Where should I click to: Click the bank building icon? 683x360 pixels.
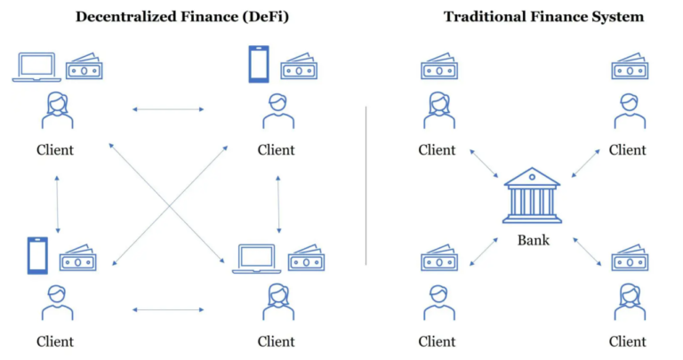pyautogui.click(x=532, y=196)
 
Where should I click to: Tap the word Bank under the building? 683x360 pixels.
pyautogui.click(x=534, y=240)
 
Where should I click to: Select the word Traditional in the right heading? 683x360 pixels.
pyautogui.click(x=482, y=17)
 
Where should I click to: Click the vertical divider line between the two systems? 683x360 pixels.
pyautogui.click(x=366, y=186)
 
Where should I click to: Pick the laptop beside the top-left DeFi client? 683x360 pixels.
pyautogui.click(x=36, y=67)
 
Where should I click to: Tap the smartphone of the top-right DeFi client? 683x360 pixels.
pyautogui.click(x=259, y=64)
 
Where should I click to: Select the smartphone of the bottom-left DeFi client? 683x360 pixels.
pyautogui.click(x=37, y=255)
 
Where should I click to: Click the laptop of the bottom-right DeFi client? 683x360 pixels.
pyautogui.click(x=256, y=259)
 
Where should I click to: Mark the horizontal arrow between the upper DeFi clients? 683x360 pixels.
pyautogui.click(x=168, y=109)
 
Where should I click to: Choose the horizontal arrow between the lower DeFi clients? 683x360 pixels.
pyautogui.click(x=168, y=309)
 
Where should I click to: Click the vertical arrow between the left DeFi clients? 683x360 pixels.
pyautogui.click(x=57, y=204)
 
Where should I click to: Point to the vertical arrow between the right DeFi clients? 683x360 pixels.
pyautogui.click(x=278, y=204)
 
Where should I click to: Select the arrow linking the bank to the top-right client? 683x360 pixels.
pyautogui.click(x=586, y=164)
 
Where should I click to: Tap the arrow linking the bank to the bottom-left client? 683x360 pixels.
pyautogui.click(x=484, y=252)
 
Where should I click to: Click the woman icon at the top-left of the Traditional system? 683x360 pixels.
pyautogui.click(x=439, y=110)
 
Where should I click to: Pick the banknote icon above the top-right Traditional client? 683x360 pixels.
pyautogui.click(x=630, y=66)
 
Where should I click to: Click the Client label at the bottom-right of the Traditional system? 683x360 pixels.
pyautogui.click(x=627, y=341)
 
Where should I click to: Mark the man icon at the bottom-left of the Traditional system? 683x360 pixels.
pyautogui.click(x=439, y=302)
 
